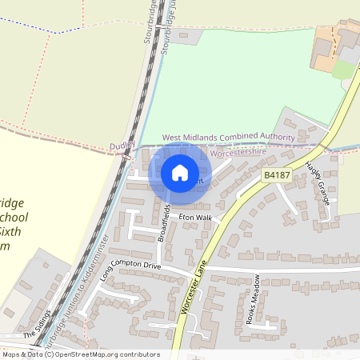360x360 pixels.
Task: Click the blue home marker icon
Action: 180,172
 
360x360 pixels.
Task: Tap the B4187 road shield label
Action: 276,175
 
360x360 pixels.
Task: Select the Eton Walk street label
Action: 195,218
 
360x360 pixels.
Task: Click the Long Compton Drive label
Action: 131,265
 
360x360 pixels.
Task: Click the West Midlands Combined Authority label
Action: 228,138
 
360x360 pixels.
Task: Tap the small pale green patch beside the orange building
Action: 342,70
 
